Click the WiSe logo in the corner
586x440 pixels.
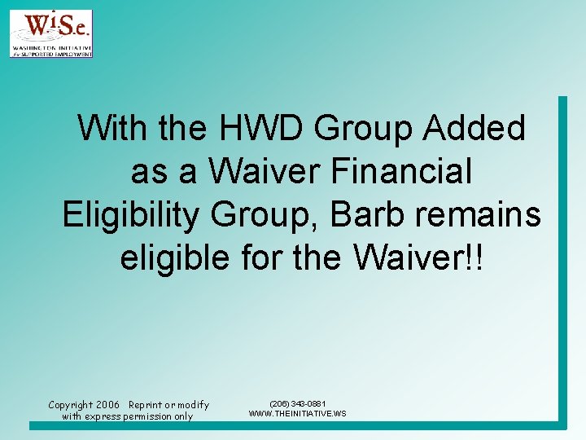click(x=50, y=33)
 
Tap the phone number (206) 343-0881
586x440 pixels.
click(x=298, y=403)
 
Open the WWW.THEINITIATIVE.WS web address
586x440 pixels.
click(x=298, y=414)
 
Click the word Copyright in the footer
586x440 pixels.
click(x=71, y=405)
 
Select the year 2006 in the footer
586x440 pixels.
click(x=107, y=405)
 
